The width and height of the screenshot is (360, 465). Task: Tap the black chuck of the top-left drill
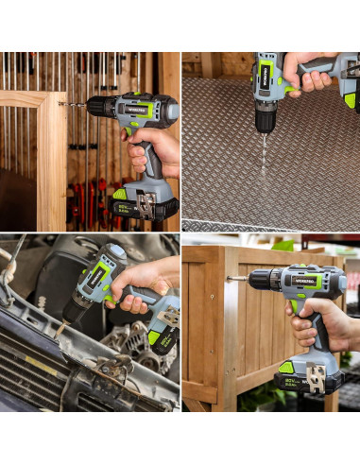click(x=98, y=106)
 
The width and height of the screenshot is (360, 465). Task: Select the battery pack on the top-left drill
click(x=142, y=205)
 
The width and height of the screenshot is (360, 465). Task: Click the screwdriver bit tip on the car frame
click(x=60, y=326)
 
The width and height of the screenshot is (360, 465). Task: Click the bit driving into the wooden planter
click(x=237, y=278)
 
